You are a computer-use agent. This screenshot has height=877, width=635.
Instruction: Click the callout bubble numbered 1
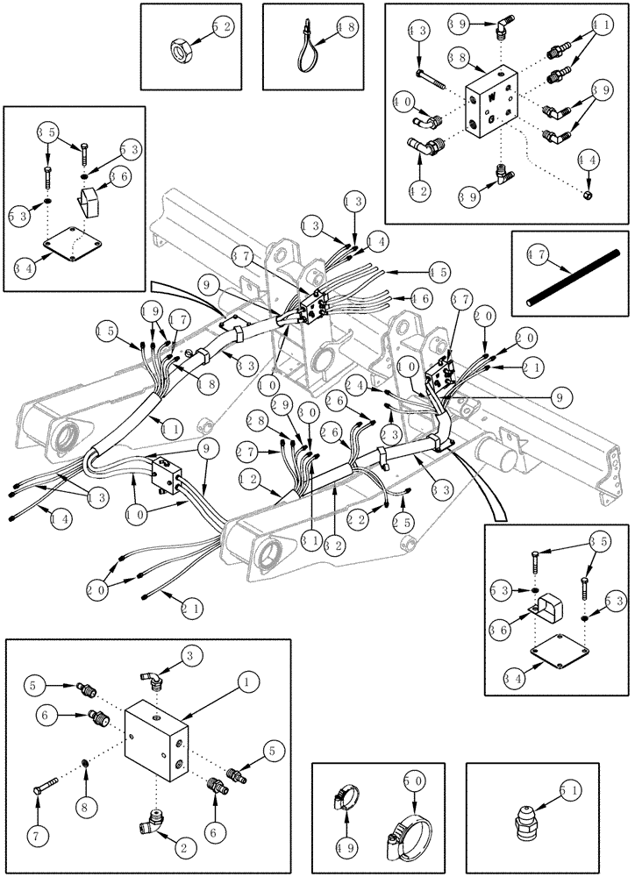248,680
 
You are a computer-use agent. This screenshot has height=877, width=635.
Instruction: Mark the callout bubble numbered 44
589,161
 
